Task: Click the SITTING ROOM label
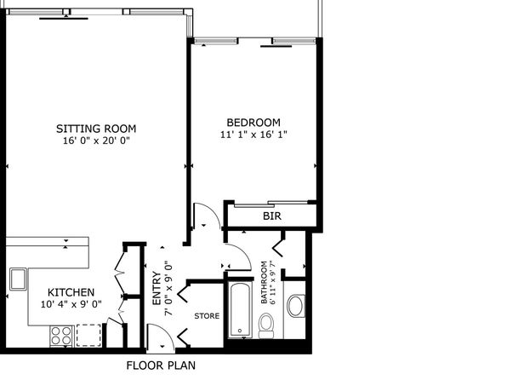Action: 96,129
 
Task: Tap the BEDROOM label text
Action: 253,123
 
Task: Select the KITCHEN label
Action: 71,292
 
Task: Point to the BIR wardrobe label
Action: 272,216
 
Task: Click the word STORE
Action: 207,316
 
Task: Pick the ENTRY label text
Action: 157,288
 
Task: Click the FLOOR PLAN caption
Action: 161,366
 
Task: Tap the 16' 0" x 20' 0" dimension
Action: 96,141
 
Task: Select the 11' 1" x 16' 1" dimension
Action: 253,134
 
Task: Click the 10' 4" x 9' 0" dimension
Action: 71,304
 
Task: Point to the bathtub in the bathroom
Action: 240,309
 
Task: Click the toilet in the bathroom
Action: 266,325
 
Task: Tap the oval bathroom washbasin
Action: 295,306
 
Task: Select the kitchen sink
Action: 18,279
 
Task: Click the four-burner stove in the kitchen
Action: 61,336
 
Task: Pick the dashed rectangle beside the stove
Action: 88,336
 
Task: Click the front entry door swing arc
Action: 168,331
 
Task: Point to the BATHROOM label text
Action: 265,283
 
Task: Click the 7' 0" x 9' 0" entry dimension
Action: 168,288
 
